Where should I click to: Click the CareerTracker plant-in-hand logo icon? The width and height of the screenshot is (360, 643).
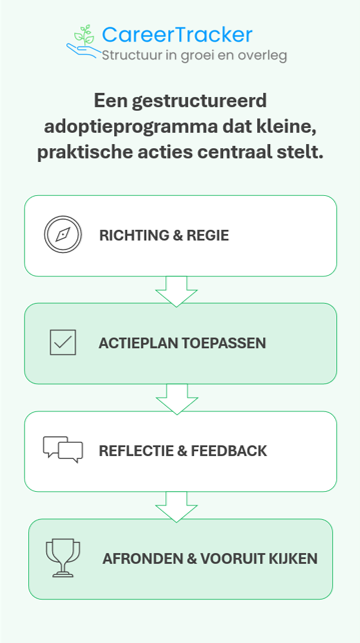pos(83,41)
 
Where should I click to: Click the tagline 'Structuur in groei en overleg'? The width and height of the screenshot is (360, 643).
pos(194,55)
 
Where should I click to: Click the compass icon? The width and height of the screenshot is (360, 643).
pos(62,235)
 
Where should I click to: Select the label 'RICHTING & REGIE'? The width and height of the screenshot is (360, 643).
pos(164,236)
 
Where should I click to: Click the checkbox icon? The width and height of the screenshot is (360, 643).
pos(62,343)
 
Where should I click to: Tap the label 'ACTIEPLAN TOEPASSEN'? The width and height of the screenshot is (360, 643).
pos(182,343)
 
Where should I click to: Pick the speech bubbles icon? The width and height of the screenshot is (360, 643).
pos(62,450)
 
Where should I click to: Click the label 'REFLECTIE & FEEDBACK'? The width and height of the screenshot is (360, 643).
pos(183,451)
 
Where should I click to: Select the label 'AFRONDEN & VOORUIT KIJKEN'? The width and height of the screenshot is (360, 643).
pos(210,558)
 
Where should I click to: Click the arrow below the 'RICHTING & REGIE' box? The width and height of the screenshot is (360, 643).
pos(177,290)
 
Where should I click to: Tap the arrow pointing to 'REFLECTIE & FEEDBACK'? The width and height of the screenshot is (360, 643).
pos(177,397)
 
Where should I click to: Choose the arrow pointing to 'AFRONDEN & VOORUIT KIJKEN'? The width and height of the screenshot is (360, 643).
pos(177,505)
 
